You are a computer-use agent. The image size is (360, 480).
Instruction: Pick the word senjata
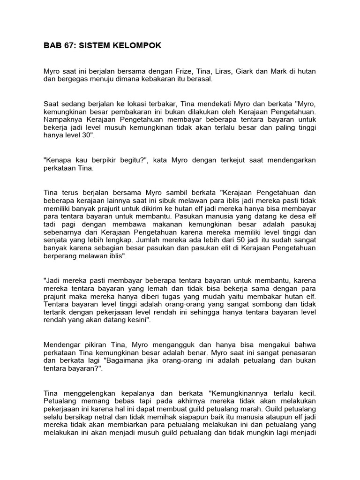click(x=55, y=240)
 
